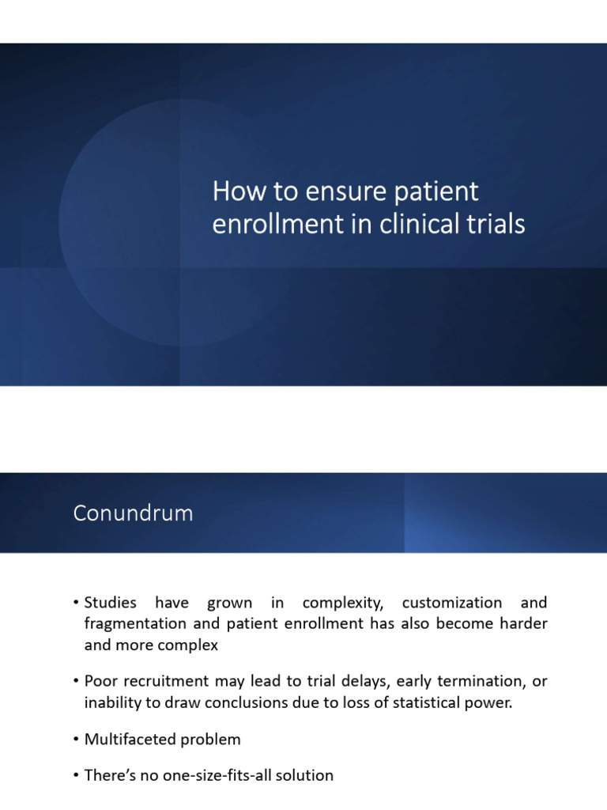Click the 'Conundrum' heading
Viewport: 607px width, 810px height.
[x=133, y=513]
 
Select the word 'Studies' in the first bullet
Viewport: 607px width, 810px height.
[x=109, y=603]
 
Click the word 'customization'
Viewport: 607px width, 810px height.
[x=452, y=603]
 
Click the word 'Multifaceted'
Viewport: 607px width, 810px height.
[x=126, y=740]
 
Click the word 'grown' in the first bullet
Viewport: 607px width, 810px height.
[x=229, y=603]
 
